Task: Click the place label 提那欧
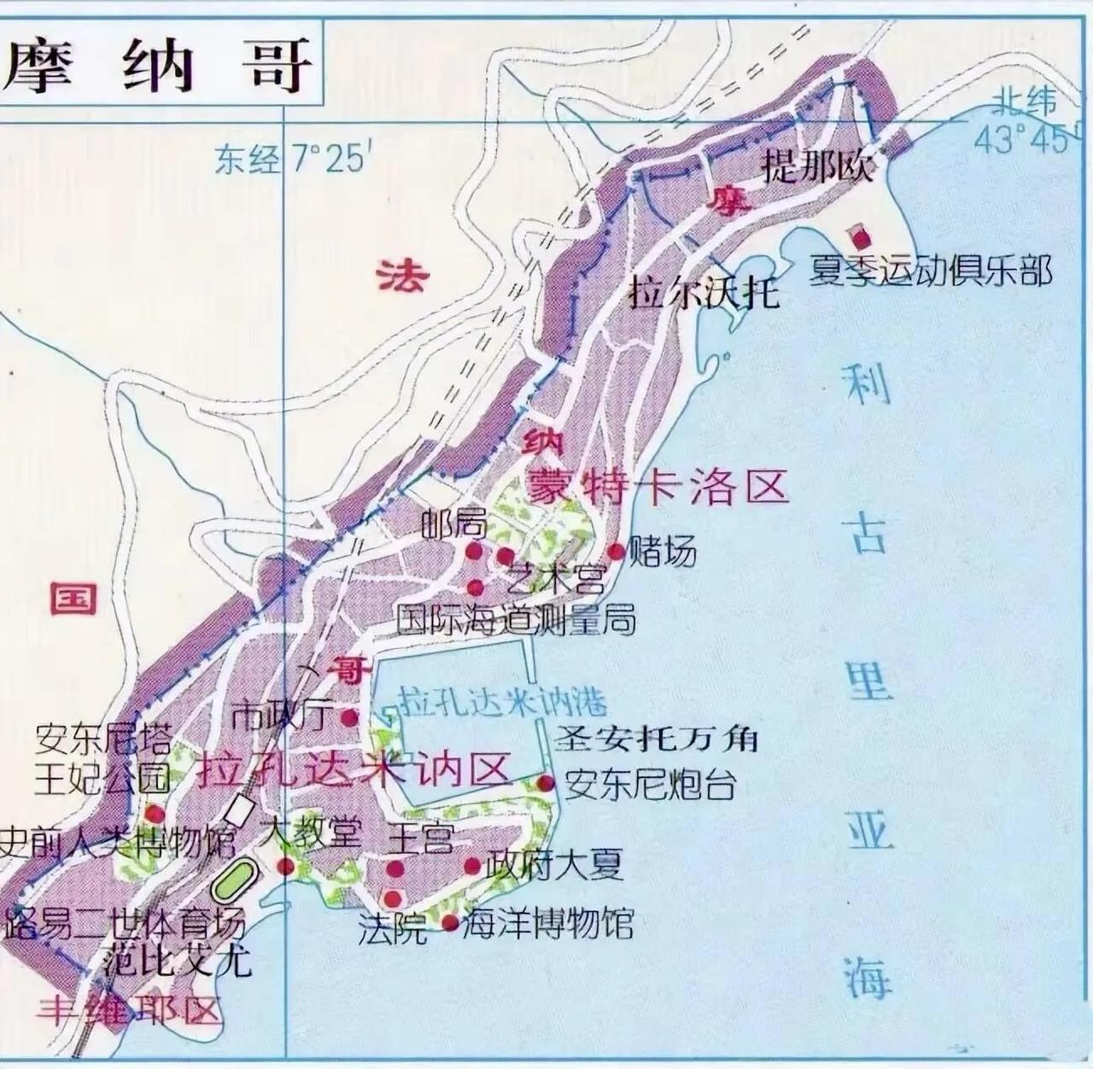pos(818,166)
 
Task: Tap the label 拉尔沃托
pos(704,293)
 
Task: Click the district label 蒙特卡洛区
pos(658,488)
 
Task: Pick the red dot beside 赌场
pos(615,551)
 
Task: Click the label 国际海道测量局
pos(517,620)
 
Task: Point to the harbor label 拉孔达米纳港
pos(504,701)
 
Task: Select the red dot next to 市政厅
pos(349,716)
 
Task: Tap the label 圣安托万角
pos(656,738)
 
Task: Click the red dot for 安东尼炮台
pos(546,783)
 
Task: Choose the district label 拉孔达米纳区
pos(354,770)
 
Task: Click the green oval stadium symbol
pos(232,879)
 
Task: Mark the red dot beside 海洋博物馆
pos(450,922)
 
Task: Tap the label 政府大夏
pos(555,866)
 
